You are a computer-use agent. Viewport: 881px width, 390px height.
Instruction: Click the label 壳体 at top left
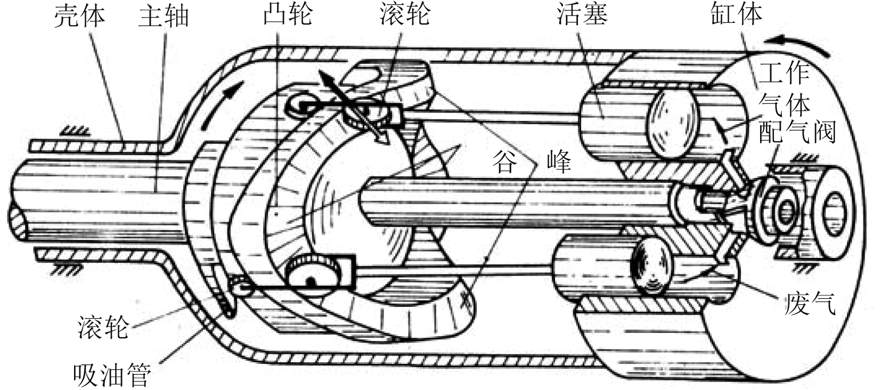tap(79, 16)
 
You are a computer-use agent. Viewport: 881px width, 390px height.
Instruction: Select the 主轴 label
tap(164, 16)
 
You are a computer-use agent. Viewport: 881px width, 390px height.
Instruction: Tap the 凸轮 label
tap(288, 14)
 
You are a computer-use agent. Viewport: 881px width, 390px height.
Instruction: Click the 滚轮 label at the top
tap(404, 14)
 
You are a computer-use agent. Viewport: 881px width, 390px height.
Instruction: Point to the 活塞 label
tap(582, 14)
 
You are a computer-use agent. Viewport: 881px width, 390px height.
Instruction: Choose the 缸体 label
tap(737, 14)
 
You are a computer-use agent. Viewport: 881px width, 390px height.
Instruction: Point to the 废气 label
tap(810, 304)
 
